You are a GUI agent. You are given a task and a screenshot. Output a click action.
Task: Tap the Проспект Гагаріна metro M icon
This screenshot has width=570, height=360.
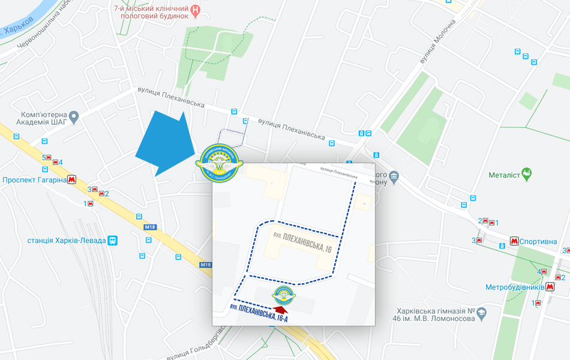tap(72, 179)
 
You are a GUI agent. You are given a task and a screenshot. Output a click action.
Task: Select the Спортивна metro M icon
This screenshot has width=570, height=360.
tap(514, 241)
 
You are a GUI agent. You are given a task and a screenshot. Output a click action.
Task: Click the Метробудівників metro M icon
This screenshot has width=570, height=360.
tap(550, 287)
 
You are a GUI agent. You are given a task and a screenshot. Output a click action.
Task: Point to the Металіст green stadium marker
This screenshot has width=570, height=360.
tap(527, 175)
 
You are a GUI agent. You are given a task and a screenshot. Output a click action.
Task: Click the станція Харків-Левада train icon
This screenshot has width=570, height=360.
tap(112, 241)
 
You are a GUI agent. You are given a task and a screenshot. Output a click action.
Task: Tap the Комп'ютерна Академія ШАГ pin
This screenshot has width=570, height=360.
tap(74, 117)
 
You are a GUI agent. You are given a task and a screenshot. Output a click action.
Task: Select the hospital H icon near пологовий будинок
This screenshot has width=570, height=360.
tap(196, 11)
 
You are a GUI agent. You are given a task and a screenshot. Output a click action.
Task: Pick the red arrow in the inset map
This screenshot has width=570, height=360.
tap(280, 309)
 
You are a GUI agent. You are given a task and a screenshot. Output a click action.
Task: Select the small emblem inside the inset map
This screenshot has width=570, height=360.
tap(283, 295)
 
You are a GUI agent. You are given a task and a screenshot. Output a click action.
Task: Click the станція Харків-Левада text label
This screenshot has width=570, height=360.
tap(66, 241)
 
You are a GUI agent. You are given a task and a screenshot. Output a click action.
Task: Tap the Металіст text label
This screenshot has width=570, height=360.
tap(503, 175)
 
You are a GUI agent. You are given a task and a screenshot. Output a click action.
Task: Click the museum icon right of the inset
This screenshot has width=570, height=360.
tap(394, 176)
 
